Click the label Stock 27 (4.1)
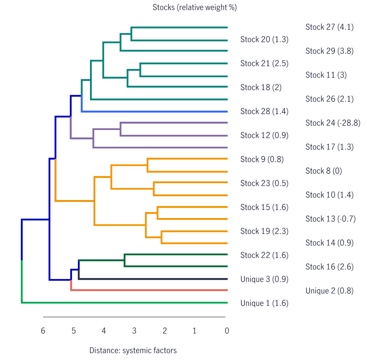[329, 27]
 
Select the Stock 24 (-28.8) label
[333, 123]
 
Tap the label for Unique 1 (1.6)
[264, 303]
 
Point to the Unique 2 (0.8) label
[329, 291]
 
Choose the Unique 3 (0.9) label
[264, 279]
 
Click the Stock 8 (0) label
[324, 171]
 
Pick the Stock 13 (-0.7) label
[330, 219]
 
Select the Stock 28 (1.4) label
[264, 111]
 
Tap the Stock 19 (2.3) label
[264, 231]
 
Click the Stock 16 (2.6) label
[329, 267]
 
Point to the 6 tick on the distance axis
[43, 331]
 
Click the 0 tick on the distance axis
[226, 331]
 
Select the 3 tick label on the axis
[134, 331]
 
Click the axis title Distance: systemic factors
[133, 351]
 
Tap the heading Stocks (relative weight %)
[195, 7]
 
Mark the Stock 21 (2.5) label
[264, 63]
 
